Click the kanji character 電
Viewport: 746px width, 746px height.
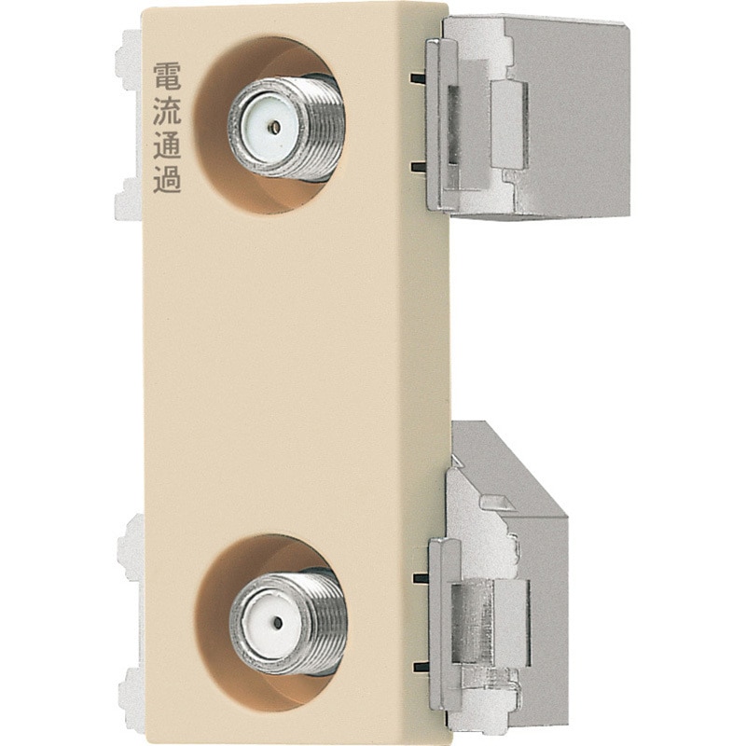point(167,76)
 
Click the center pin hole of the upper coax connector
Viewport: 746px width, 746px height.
point(274,127)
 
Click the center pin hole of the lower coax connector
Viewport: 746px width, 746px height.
point(277,623)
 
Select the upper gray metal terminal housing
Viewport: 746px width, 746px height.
point(528,117)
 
